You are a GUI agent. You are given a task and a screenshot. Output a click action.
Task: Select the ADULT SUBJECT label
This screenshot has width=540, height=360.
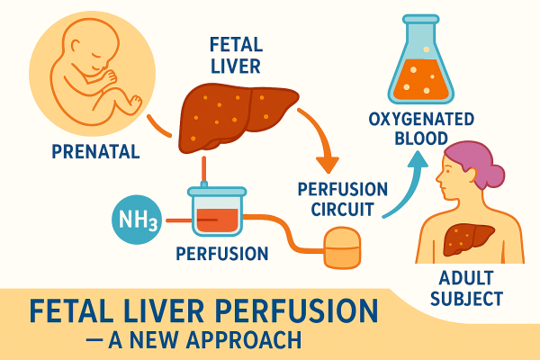tap(470, 286)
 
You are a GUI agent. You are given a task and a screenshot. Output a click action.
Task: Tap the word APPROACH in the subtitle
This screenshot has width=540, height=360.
tap(244, 342)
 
